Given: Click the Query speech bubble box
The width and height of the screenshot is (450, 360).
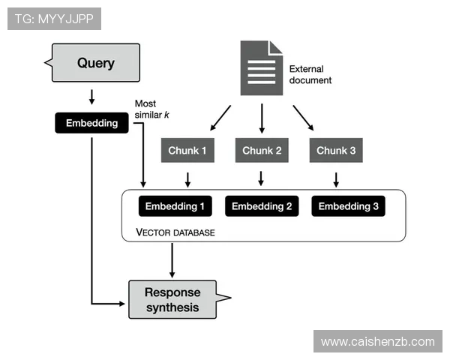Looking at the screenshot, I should tap(94, 63).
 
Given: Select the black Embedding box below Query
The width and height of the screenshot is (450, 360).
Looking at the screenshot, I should tap(91, 123).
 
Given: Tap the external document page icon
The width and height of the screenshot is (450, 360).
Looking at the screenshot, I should tap(261, 68).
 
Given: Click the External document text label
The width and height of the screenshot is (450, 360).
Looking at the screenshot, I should tap(310, 74).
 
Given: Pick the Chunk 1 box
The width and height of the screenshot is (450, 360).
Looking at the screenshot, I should tap(187, 151).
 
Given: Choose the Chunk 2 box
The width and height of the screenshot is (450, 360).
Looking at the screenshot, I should tap(262, 151).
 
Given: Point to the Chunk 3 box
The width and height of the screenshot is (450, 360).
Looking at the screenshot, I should tap(336, 151).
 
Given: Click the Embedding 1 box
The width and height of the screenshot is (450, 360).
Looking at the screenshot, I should tap(175, 206).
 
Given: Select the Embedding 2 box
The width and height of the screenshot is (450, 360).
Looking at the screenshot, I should tap(262, 206).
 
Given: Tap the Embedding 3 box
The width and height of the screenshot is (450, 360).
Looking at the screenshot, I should tap(348, 206).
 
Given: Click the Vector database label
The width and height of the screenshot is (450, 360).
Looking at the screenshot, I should tap(175, 232).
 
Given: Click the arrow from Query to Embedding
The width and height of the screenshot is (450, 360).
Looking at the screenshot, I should tap(91, 97).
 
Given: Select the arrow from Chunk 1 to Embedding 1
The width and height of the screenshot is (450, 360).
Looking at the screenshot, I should tap(187, 179).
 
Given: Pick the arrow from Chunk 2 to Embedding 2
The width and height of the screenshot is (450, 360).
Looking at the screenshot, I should tap(261, 178).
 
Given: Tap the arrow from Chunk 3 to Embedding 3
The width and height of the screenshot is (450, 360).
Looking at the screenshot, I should tap(336, 179).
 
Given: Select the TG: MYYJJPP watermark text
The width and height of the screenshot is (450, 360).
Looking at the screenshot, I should tap(53, 19).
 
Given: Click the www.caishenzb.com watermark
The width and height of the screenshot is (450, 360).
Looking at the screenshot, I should tap(377, 341).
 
